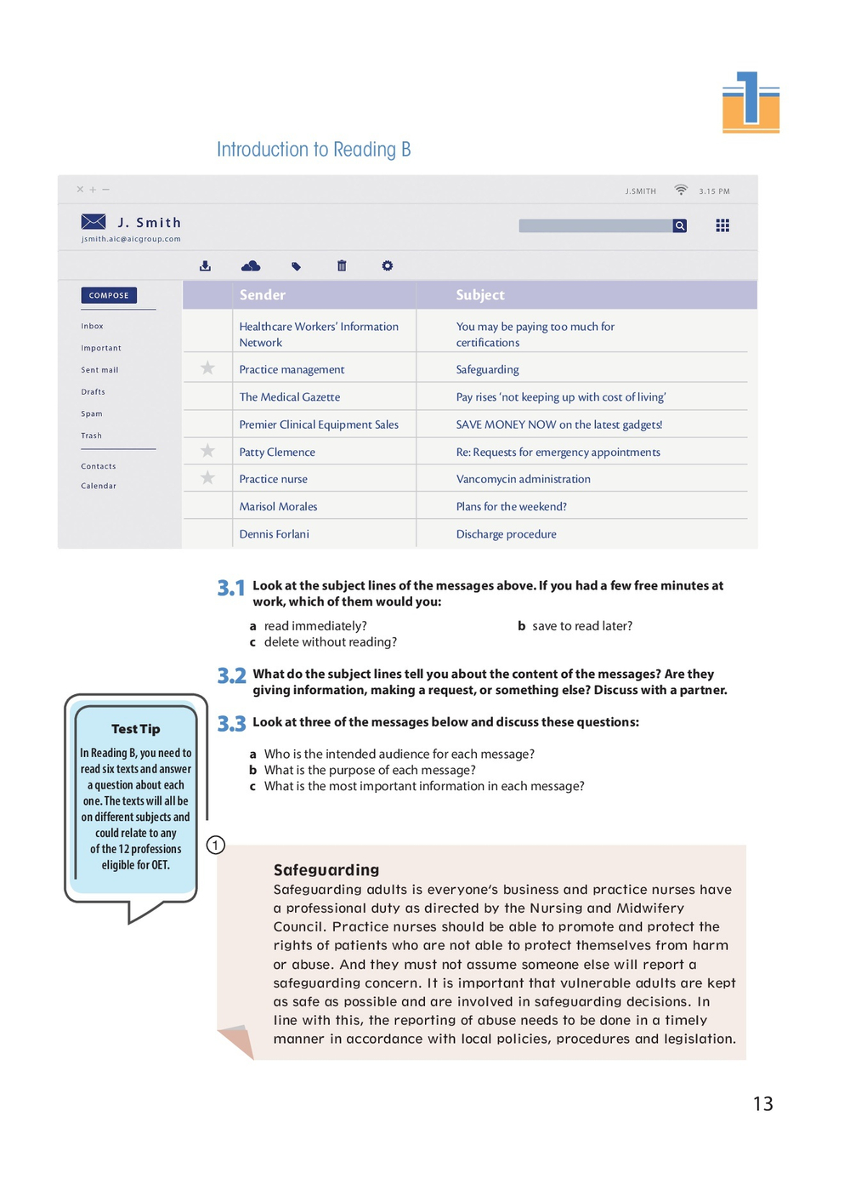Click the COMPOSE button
(109, 295)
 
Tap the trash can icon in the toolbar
(342, 265)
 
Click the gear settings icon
(388, 265)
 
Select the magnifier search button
(680, 225)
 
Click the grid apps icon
(722, 225)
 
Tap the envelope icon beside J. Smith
(93, 222)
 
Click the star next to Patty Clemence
(207, 451)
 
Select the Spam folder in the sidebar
(92, 413)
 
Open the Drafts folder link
(93, 392)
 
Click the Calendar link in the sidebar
(99, 486)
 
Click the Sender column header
(263, 295)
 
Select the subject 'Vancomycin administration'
(523, 479)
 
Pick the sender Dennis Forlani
(274, 534)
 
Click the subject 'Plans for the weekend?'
(511, 506)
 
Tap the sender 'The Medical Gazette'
(290, 397)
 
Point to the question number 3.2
(231, 676)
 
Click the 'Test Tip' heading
(136, 729)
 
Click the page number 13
(762, 1104)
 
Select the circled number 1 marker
(216, 845)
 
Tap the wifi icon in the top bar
(681, 190)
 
